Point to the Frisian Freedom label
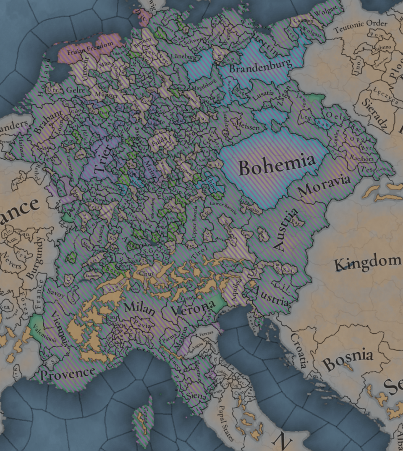point(89,47)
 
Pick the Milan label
point(139,308)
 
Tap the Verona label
point(193,309)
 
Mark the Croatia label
point(298,349)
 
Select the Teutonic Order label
point(361,26)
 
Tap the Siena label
point(196,396)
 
